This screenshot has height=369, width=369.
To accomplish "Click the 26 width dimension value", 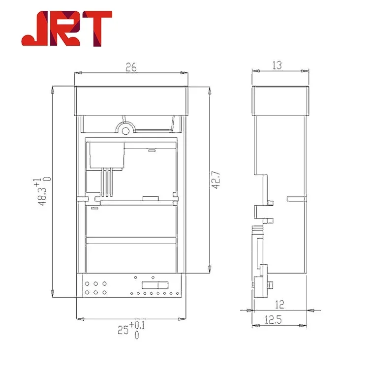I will click(130, 68).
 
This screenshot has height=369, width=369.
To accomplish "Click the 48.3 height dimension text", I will click(43, 194).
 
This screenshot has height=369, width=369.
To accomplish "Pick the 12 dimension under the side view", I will click(280, 305).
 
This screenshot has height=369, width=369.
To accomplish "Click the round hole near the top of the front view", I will click(126, 130).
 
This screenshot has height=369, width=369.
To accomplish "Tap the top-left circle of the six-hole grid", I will click(87, 283).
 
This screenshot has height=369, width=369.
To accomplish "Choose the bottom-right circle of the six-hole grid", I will click(104, 293).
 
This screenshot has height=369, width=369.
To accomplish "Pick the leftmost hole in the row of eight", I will click(132, 294).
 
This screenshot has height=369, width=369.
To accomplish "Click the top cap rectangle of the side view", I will click(280, 100).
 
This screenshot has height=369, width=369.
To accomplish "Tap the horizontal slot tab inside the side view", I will click(295, 199).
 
